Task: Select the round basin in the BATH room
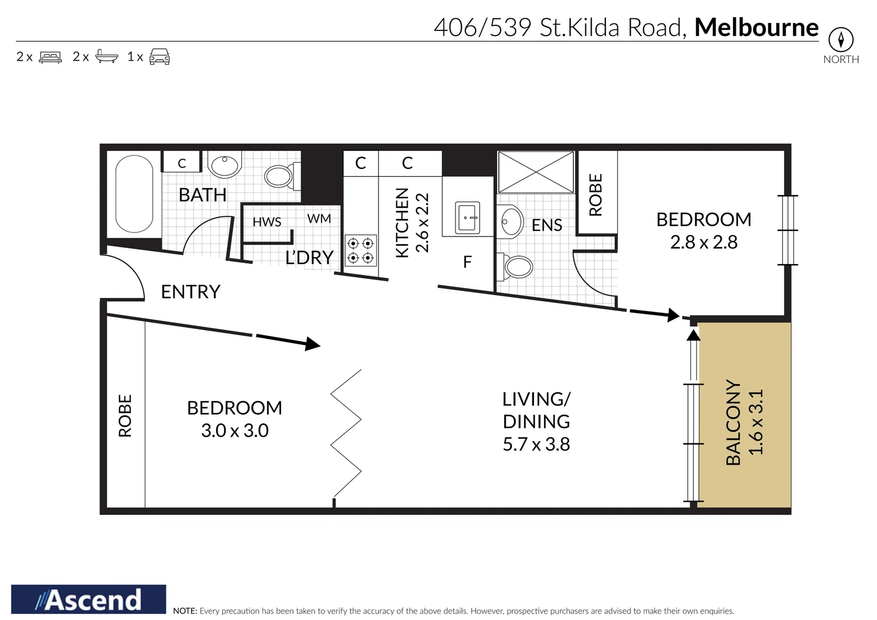[225, 166]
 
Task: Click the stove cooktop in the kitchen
[361, 251]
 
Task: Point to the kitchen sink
[467, 218]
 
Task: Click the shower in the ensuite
[535, 172]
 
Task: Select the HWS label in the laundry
[266, 222]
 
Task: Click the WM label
[319, 219]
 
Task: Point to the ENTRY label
[190, 292]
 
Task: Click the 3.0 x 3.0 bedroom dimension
[234, 431]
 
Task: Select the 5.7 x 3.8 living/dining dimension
[536, 444]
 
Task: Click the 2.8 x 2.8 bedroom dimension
[704, 242]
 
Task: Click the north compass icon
[841, 40]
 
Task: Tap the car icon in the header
[159, 57]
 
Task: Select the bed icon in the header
[50, 57]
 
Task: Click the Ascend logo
[88, 599]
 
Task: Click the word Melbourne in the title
[756, 27]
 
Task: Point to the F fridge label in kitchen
[467, 262]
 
